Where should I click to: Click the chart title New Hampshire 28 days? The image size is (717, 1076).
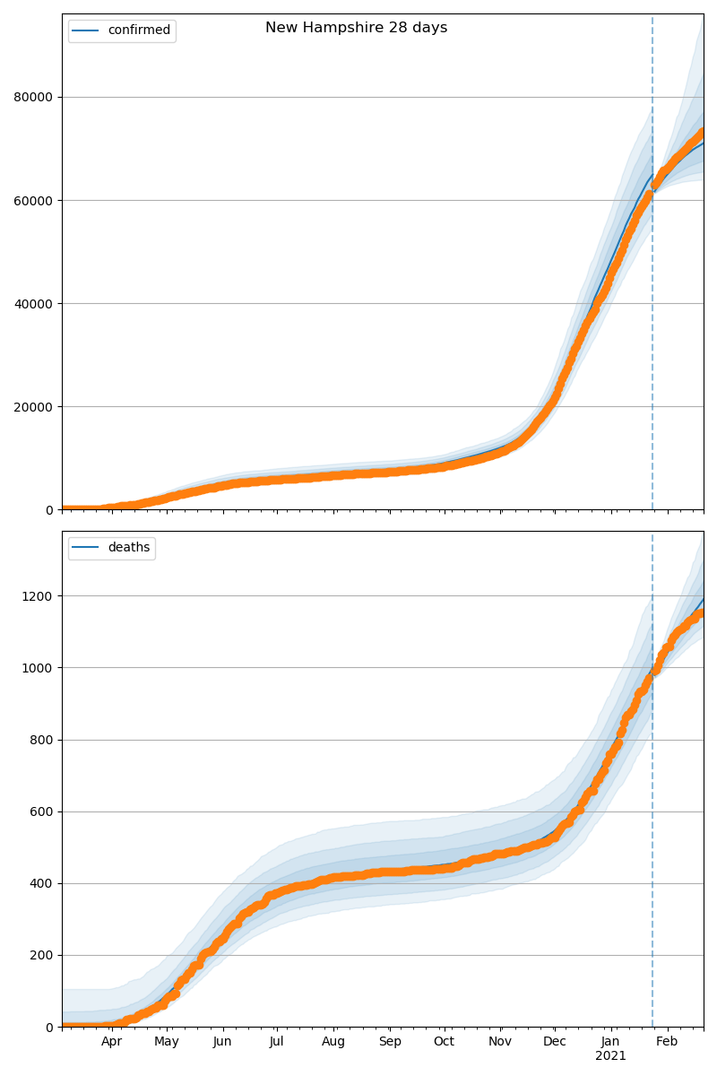pos(356,28)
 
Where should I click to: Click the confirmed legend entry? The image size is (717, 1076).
pos(138,30)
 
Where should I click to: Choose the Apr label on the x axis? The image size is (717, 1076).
pos(111,1042)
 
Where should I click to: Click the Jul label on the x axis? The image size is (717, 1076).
pos(277,1042)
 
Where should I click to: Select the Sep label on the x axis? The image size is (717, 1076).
pos(390,1042)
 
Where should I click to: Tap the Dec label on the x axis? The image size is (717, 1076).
pos(555,1042)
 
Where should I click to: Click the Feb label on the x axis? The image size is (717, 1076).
pos(667,1042)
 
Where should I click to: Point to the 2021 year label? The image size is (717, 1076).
pos(610,1056)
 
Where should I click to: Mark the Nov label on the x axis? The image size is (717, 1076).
pos(500,1042)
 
